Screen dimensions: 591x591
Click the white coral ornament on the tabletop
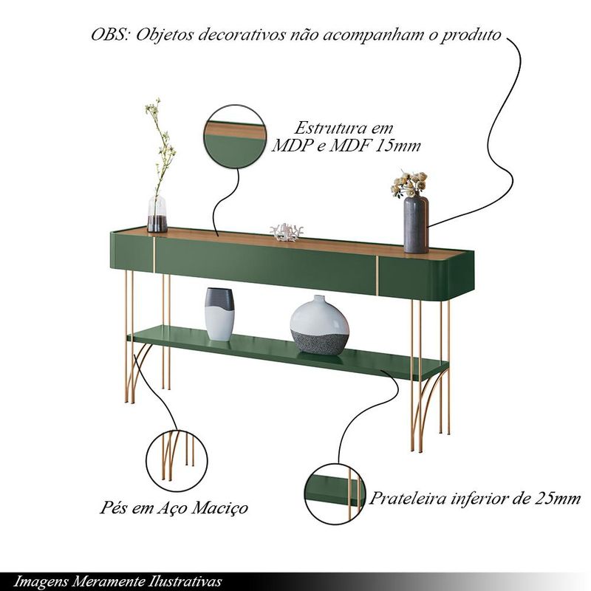pyautogui.click(x=287, y=232)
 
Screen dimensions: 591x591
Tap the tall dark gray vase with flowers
pyautogui.click(x=416, y=225)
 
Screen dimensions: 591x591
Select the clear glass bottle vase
pyautogui.click(x=157, y=213)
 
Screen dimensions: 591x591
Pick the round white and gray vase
pyautogui.click(x=320, y=325)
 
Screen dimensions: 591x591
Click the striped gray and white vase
pyautogui.click(x=219, y=314)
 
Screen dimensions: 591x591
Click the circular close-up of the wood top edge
pyautogui.click(x=235, y=137)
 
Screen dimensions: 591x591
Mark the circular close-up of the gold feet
pyautogui.click(x=177, y=460)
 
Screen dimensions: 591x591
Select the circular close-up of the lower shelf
pyautogui.click(x=335, y=494)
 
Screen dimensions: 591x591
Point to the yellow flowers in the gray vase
pyautogui.click(x=409, y=184)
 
